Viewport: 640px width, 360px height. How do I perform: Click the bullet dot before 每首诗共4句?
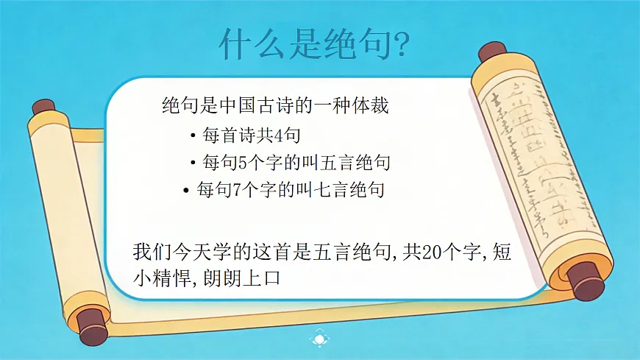[x=192, y=135]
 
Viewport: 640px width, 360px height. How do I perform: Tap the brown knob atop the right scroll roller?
[x=489, y=52]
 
